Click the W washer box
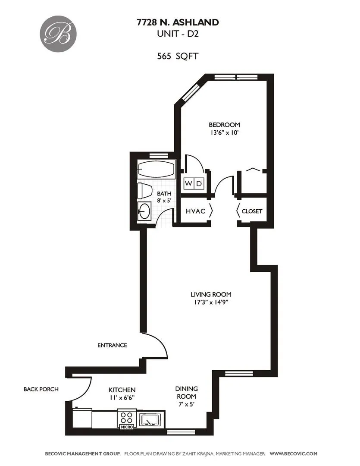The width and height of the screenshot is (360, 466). [x=189, y=184]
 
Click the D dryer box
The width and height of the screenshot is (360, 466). [x=199, y=184]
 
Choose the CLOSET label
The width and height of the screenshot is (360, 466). [x=252, y=211]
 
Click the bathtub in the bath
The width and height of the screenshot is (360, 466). [x=156, y=169]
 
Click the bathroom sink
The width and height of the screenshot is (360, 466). [x=144, y=211]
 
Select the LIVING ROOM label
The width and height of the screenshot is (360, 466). [x=208, y=294]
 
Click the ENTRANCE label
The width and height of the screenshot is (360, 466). [x=112, y=345]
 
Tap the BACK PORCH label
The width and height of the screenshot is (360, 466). [x=41, y=389]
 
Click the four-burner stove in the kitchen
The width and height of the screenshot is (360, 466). [x=126, y=418]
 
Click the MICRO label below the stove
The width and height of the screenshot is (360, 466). [x=126, y=427]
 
